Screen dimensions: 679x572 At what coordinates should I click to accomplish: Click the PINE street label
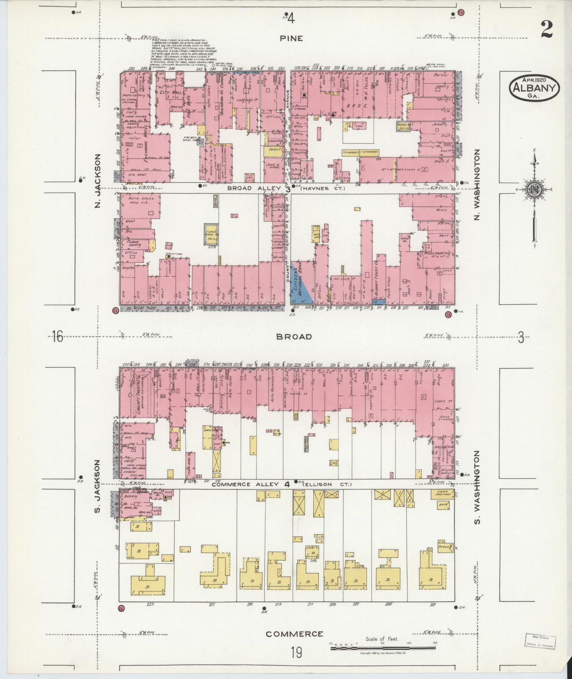tap(292, 38)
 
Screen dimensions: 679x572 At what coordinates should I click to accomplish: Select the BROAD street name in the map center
tap(294, 337)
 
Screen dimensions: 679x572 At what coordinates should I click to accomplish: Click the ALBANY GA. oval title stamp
tap(534, 90)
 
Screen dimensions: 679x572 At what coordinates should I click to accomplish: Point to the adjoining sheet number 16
tap(57, 337)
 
